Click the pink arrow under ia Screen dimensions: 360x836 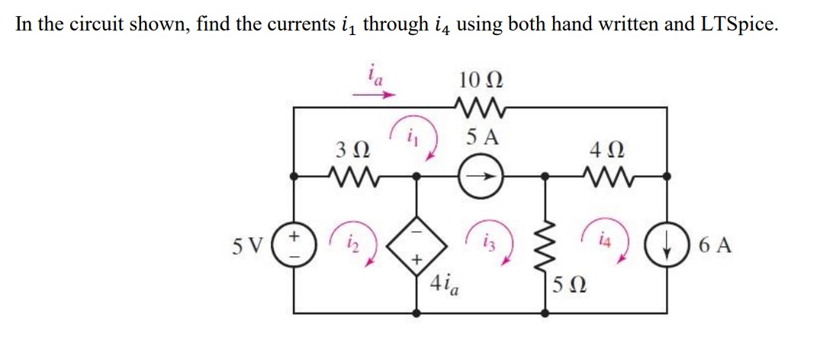coord(373,96)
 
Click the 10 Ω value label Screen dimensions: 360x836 coord(481,78)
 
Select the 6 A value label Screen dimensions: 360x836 coord(714,246)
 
